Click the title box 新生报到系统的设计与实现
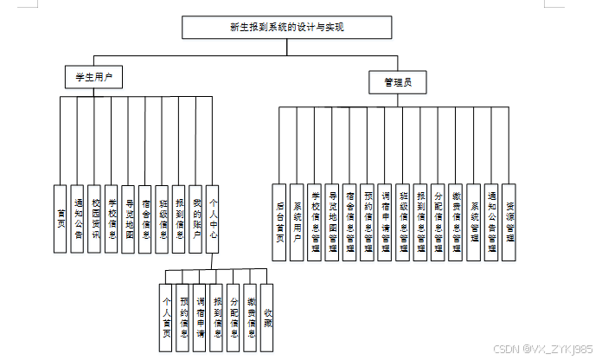[287, 28]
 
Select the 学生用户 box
[93, 77]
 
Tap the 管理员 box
[398, 83]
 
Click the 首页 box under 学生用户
[60, 218]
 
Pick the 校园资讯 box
[94, 218]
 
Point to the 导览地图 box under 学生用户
[129, 218]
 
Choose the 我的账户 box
[196, 218]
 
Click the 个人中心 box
[213, 218]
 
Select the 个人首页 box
[167, 317]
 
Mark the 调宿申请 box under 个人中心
[200, 317]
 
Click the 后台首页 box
[279, 222]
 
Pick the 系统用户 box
[297, 222]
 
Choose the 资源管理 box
[509, 222]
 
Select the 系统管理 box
[474, 222]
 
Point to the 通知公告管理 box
[491, 222]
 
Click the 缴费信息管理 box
[456, 222]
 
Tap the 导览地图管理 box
[332, 222]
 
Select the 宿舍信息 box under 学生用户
[145, 218]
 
